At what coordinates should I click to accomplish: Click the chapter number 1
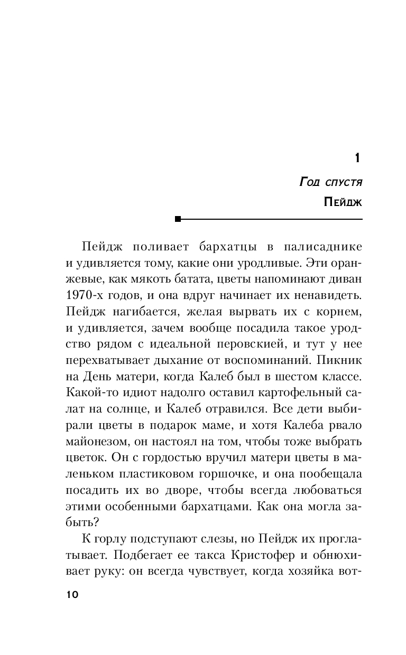357,158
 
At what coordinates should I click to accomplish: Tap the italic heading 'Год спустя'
330,182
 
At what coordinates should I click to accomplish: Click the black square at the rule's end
178,219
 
